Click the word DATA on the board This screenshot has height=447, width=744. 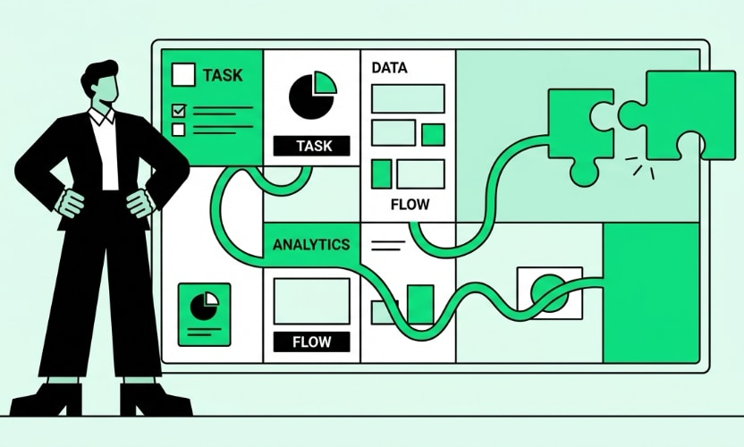tap(389, 68)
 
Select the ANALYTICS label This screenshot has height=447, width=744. tap(310, 244)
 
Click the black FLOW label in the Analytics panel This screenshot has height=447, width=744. tap(310, 342)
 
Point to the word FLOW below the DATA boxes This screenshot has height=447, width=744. tap(410, 205)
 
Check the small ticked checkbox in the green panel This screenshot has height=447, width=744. tap(178, 111)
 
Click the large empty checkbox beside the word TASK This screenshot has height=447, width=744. tap(183, 73)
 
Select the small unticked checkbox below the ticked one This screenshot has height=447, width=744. tap(178, 130)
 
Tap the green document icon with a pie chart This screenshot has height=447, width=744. tap(204, 314)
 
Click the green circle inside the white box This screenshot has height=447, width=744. tap(547, 291)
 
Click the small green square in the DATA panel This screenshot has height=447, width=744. tap(433, 134)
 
